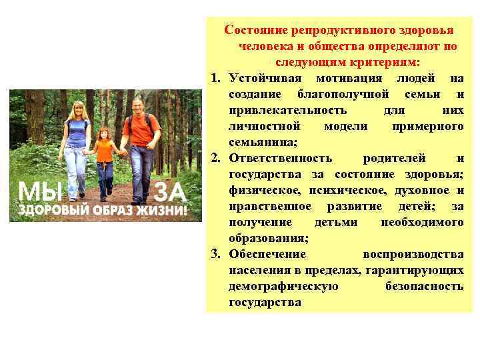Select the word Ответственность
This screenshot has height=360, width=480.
point(280,159)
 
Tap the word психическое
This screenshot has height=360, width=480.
point(324,191)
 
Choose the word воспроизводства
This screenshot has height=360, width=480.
point(413,255)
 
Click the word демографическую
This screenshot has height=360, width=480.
point(283,287)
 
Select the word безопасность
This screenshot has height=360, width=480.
point(424,287)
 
